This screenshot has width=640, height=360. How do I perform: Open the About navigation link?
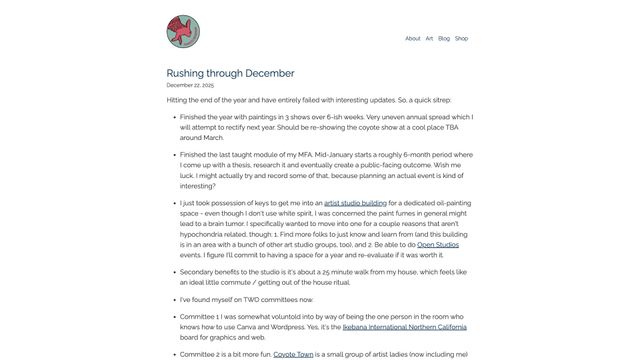412,38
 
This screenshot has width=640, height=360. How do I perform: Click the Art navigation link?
429,38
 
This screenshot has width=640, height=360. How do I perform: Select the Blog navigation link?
444,38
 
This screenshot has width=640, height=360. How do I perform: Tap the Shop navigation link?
461,38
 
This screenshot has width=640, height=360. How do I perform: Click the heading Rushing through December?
230,73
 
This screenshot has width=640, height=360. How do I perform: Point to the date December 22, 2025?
190,86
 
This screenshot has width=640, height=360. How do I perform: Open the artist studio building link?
357,203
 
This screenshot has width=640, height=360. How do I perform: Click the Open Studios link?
439,243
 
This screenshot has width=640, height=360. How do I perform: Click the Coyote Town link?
295,353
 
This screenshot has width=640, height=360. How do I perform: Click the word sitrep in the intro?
441,100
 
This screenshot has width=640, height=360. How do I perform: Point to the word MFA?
305,155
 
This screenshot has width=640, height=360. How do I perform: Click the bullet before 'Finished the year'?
173,117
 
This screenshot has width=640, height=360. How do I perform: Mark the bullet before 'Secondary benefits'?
173,271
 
